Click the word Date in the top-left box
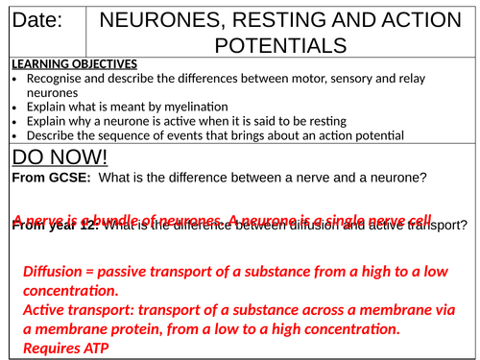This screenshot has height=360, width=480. tap(37, 20)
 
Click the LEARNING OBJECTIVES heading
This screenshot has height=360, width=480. tap(74, 63)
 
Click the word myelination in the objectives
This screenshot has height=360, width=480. tap(193, 107)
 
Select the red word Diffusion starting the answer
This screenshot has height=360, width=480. tap(57, 272)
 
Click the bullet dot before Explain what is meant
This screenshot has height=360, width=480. tap(14, 107)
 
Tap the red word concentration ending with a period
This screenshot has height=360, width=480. tap(71, 291)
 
